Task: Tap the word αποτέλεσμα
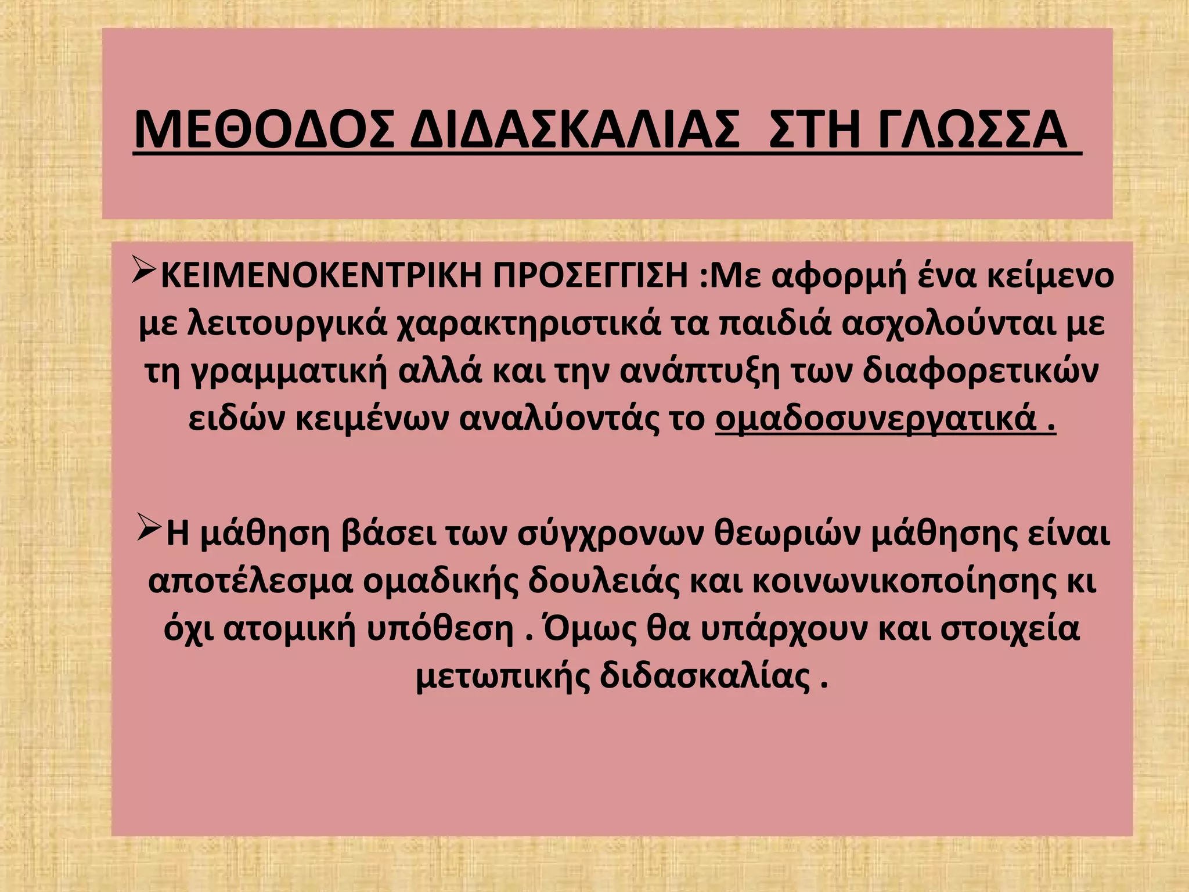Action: coord(250,582)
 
